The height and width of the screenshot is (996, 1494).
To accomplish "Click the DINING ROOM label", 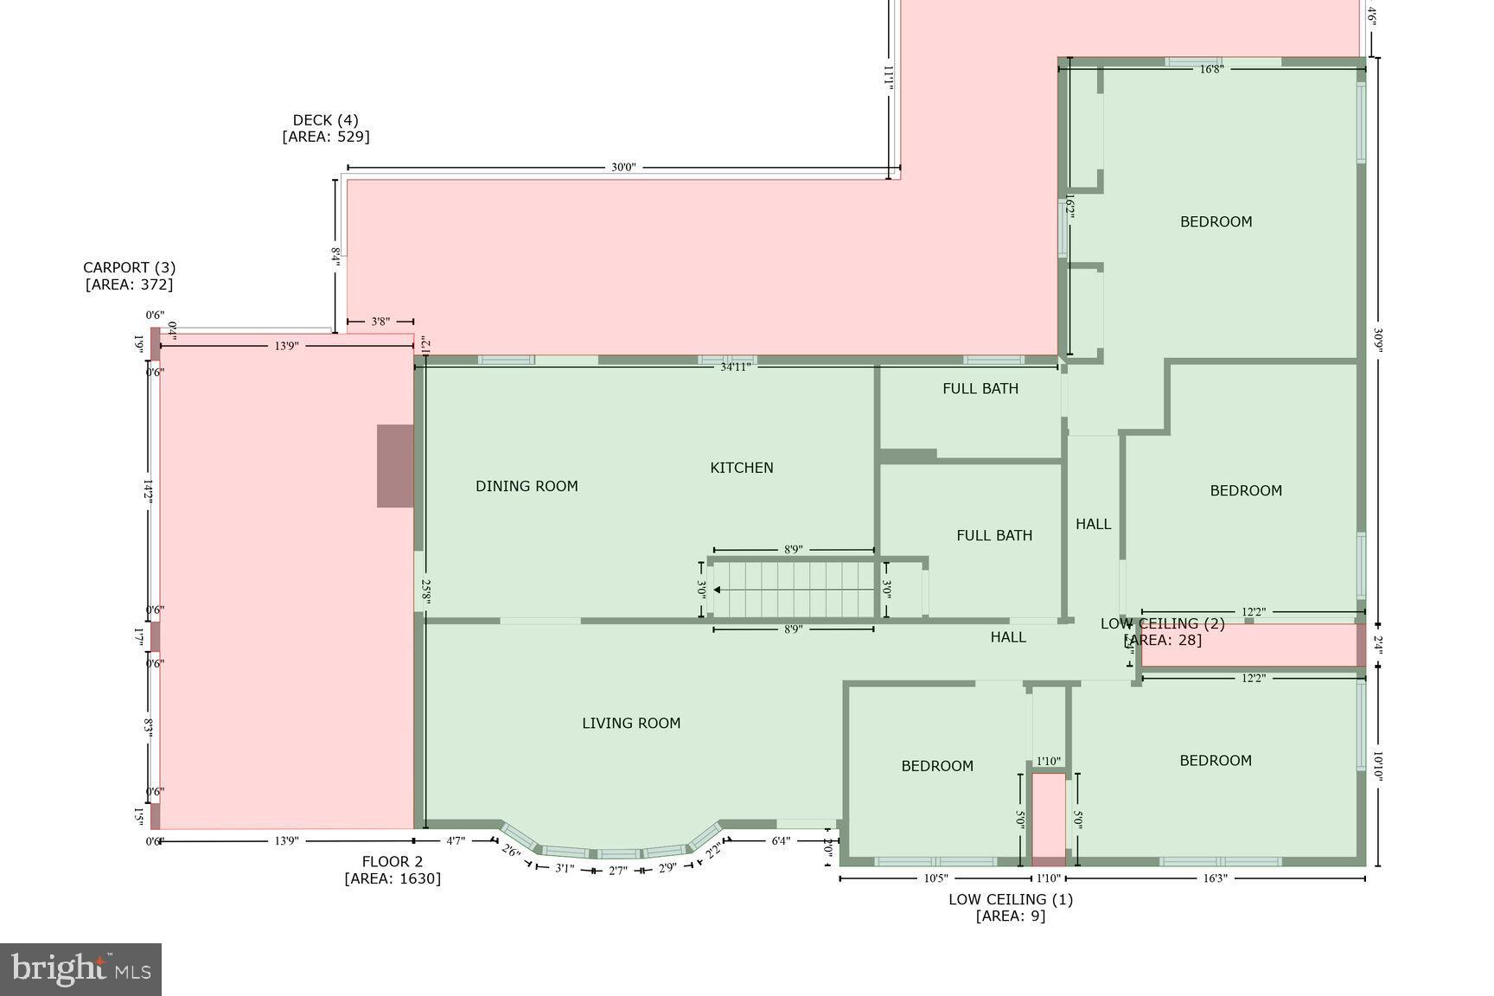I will pyautogui.click(x=527, y=486).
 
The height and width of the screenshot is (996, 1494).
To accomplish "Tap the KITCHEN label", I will pyautogui.click(x=741, y=468).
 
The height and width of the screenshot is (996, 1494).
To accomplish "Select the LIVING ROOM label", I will pyautogui.click(x=630, y=723).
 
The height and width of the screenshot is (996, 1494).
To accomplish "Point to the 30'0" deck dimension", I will pyautogui.click(x=622, y=168).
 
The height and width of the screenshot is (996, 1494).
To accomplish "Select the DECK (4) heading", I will pyautogui.click(x=325, y=120).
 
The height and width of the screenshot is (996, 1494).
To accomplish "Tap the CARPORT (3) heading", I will pyautogui.click(x=129, y=268).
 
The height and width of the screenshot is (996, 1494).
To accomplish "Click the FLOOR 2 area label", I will pyautogui.click(x=393, y=862).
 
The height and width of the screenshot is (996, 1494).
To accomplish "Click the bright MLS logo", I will pyautogui.click(x=80, y=968).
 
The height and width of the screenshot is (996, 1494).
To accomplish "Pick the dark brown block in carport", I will pyautogui.click(x=395, y=466).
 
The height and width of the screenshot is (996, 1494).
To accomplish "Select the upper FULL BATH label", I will pyautogui.click(x=980, y=389).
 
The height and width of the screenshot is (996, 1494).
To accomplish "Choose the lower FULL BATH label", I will pyautogui.click(x=993, y=536).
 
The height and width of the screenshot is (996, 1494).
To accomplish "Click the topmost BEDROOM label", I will pyautogui.click(x=1216, y=222).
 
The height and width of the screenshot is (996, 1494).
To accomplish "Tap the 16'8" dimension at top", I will pyautogui.click(x=1210, y=69).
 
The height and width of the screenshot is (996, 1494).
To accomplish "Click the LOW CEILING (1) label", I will pyautogui.click(x=1010, y=899).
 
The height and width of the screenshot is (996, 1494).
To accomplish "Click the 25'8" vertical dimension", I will pyautogui.click(x=425, y=591).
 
